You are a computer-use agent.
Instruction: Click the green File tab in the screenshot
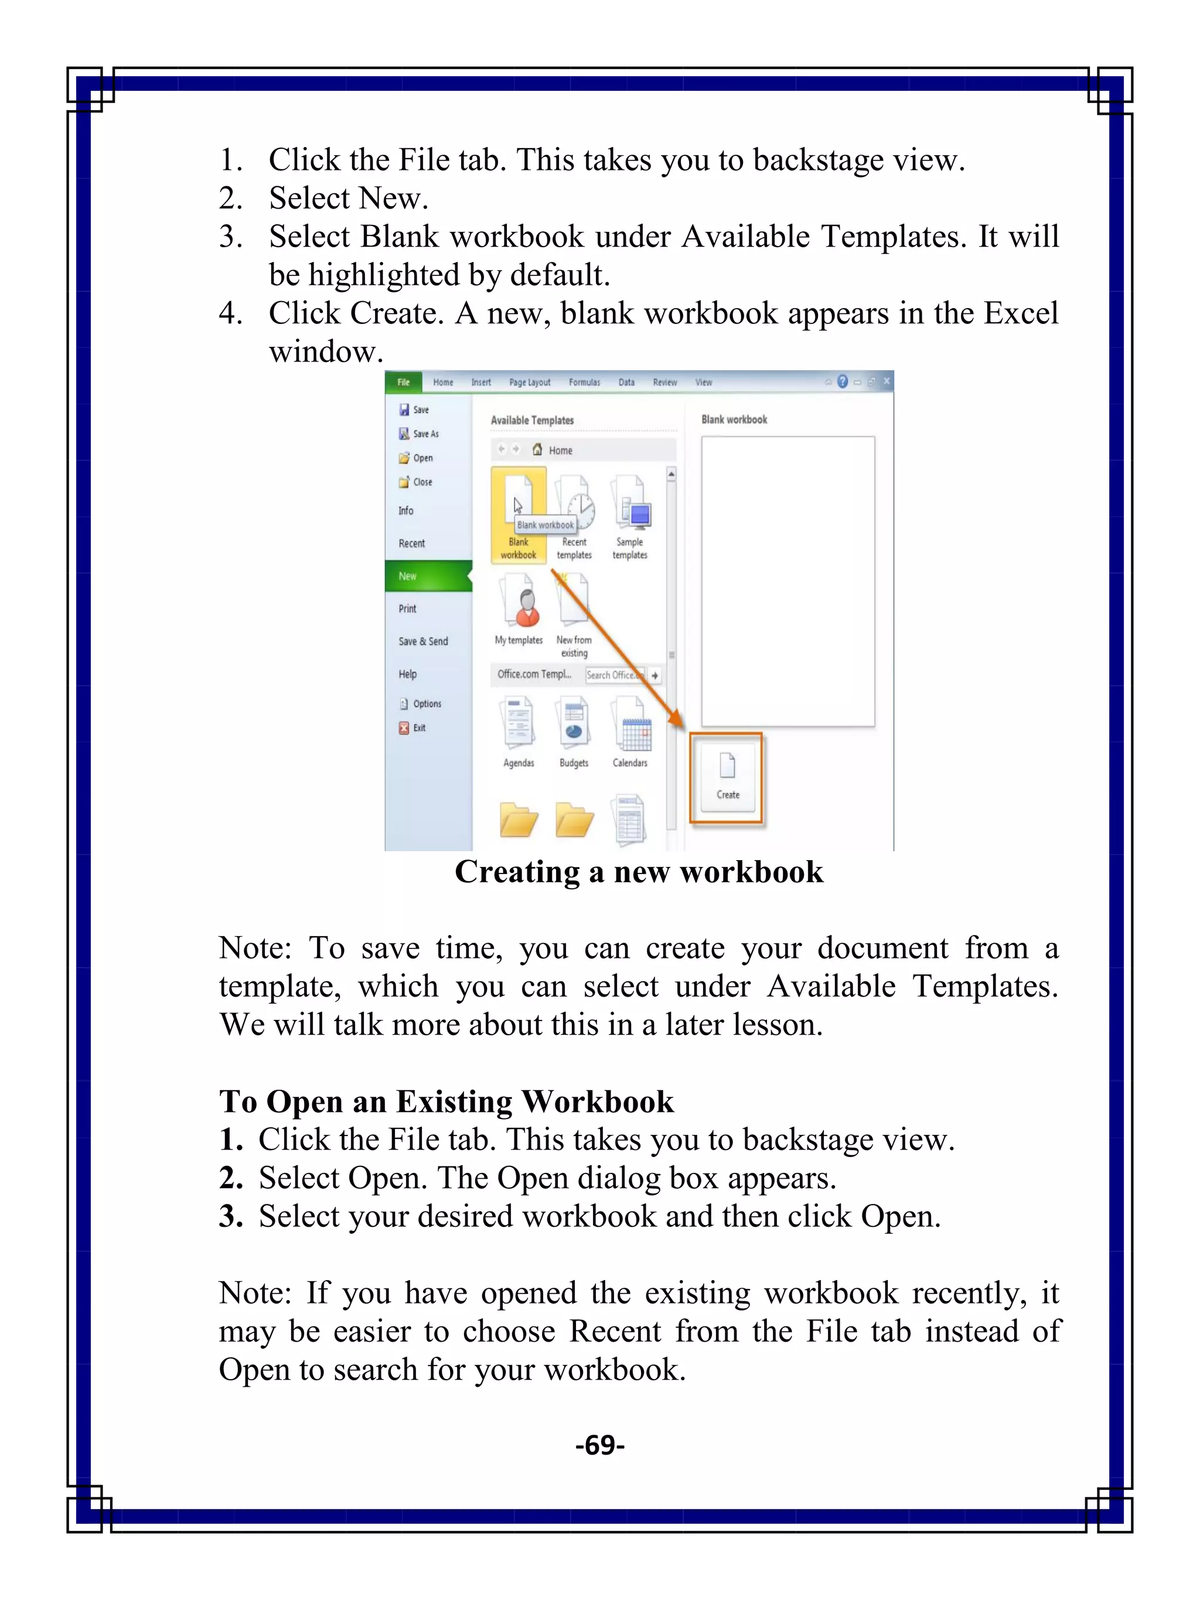pos(403,382)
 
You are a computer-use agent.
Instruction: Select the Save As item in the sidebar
pos(425,434)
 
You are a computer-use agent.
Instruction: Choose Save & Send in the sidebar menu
pos(423,642)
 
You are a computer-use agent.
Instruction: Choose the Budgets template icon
pos(574,727)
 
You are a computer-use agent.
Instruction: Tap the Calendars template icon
pos(630,727)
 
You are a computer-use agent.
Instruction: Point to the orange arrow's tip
pos(681,725)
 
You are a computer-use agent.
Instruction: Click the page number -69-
pos(599,1445)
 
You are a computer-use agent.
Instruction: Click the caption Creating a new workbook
pos(639,872)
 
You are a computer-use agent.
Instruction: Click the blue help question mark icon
pos(843,381)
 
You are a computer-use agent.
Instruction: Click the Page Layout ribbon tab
pos(530,383)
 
